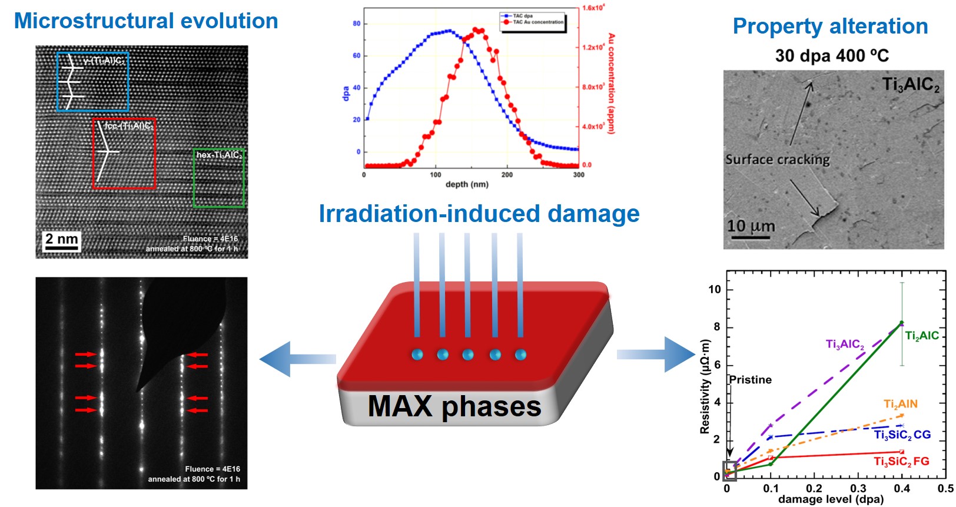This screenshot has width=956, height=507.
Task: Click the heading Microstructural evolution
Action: (x=145, y=21)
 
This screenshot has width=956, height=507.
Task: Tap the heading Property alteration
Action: (x=830, y=26)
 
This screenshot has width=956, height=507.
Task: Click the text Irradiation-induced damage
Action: (x=479, y=214)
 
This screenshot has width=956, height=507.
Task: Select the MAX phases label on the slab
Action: (x=454, y=406)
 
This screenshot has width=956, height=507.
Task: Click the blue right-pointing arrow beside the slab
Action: (x=656, y=354)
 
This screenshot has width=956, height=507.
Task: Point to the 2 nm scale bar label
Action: (x=61, y=239)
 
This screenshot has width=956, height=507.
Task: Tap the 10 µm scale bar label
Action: (x=751, y=226)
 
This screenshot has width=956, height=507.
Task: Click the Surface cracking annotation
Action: (x=777, y=160)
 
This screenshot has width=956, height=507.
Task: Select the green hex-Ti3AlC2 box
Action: (x=218, y=178)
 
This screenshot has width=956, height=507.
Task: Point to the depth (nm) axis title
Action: (x=467, y=184)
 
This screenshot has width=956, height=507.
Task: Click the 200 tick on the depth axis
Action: (x=507, y=175)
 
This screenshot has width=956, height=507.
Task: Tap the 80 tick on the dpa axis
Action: (x=356, y=24)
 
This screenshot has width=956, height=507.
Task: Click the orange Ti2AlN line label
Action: (x=900, y=404)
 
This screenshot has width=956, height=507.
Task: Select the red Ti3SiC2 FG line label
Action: (x=901, y=461)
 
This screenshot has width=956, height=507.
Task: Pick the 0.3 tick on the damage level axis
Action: (x=858, y=489)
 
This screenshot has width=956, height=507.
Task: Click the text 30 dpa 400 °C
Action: (x=831, y=56)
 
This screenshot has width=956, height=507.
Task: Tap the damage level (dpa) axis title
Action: (x=831, y=499)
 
